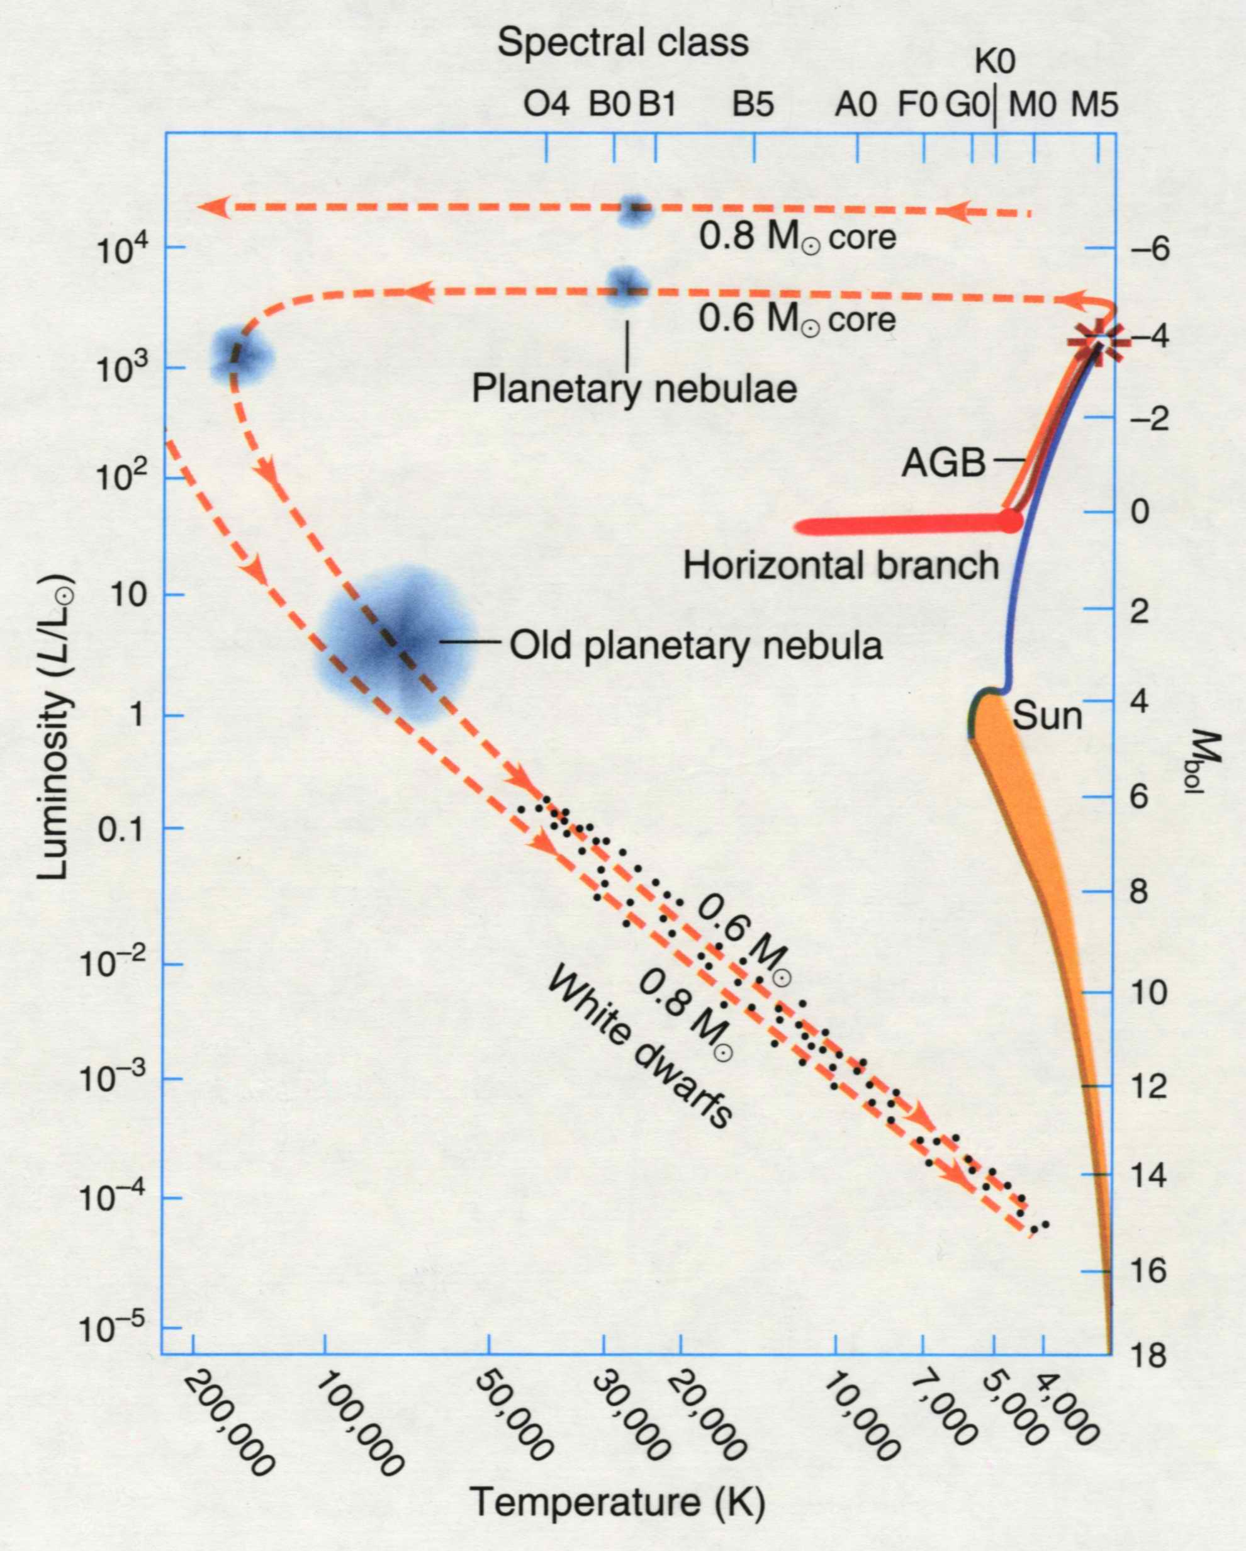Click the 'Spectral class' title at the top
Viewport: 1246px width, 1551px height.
tap(622, 43)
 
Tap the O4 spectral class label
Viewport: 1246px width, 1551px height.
tap(546, 106)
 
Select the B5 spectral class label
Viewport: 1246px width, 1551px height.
tap(753, 106)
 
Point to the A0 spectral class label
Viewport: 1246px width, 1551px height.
tap(855, 106)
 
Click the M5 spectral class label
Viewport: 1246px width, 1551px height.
tap(1094, 106)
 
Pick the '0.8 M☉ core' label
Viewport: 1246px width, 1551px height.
tap(798, 238)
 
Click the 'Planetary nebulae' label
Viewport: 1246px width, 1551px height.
tap(634, 389)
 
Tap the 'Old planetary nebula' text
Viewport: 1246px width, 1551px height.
tap(695, 646)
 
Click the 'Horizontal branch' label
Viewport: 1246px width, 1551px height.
tap(840, 566)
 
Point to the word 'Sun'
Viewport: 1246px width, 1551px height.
tap(1047, 716)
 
